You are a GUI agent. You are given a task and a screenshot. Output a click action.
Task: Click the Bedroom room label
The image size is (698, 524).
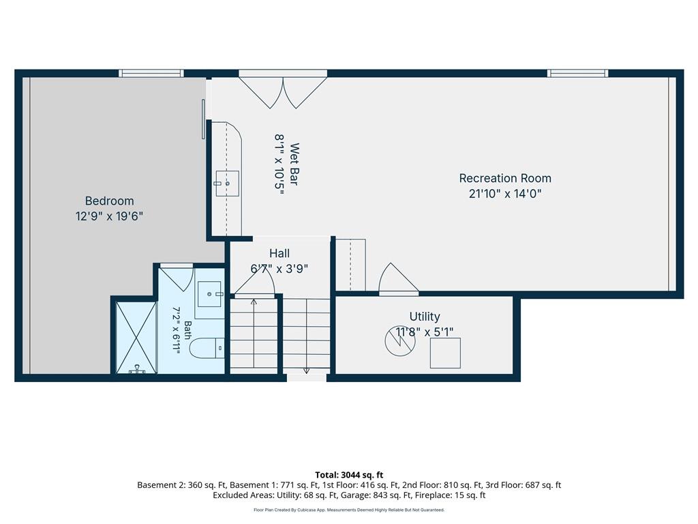pyautogui.click(x=110, y=201)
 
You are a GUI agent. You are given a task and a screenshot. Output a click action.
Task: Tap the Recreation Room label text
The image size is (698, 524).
pyautogui.click(x=505, y=178)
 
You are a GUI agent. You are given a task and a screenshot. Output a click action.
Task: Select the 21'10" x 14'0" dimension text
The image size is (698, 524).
pyautogui.click(x=505, y=193)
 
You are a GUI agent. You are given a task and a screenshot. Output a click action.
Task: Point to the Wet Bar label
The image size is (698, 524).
pyautogui.click(x=294, y=164)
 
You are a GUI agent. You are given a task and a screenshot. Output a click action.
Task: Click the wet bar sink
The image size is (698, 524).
pyautogui.click(x=228, y=184)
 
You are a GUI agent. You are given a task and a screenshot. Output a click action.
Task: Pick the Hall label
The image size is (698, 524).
pyautogui.click(x=279, y=254)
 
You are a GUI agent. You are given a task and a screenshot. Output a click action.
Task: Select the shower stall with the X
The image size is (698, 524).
pyautogui.click(x=136, y=337)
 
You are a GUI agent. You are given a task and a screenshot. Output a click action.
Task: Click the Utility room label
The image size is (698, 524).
pyautogui.click(x=425, y=317)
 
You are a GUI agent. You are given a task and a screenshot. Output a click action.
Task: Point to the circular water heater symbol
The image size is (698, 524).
pyautogui.click(x=400, y=341)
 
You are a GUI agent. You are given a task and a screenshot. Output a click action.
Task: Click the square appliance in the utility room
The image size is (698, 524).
pyautogui.click(x=445, y=353)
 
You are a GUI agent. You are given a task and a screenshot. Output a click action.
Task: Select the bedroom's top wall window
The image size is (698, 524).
pyautogui.click(x=151, y=74)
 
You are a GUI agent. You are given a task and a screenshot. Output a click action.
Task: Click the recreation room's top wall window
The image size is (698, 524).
pyautogui.click(x=577, y=74)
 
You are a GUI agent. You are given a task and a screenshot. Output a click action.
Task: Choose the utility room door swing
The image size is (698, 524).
pyautogui.click(x=398, y=279)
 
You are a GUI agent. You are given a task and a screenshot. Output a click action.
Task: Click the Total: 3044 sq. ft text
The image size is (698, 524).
pyautogui.click(x=349, y=475)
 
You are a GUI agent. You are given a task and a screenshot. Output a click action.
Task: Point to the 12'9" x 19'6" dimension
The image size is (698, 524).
pyautogui.click(x=110, y=216)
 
